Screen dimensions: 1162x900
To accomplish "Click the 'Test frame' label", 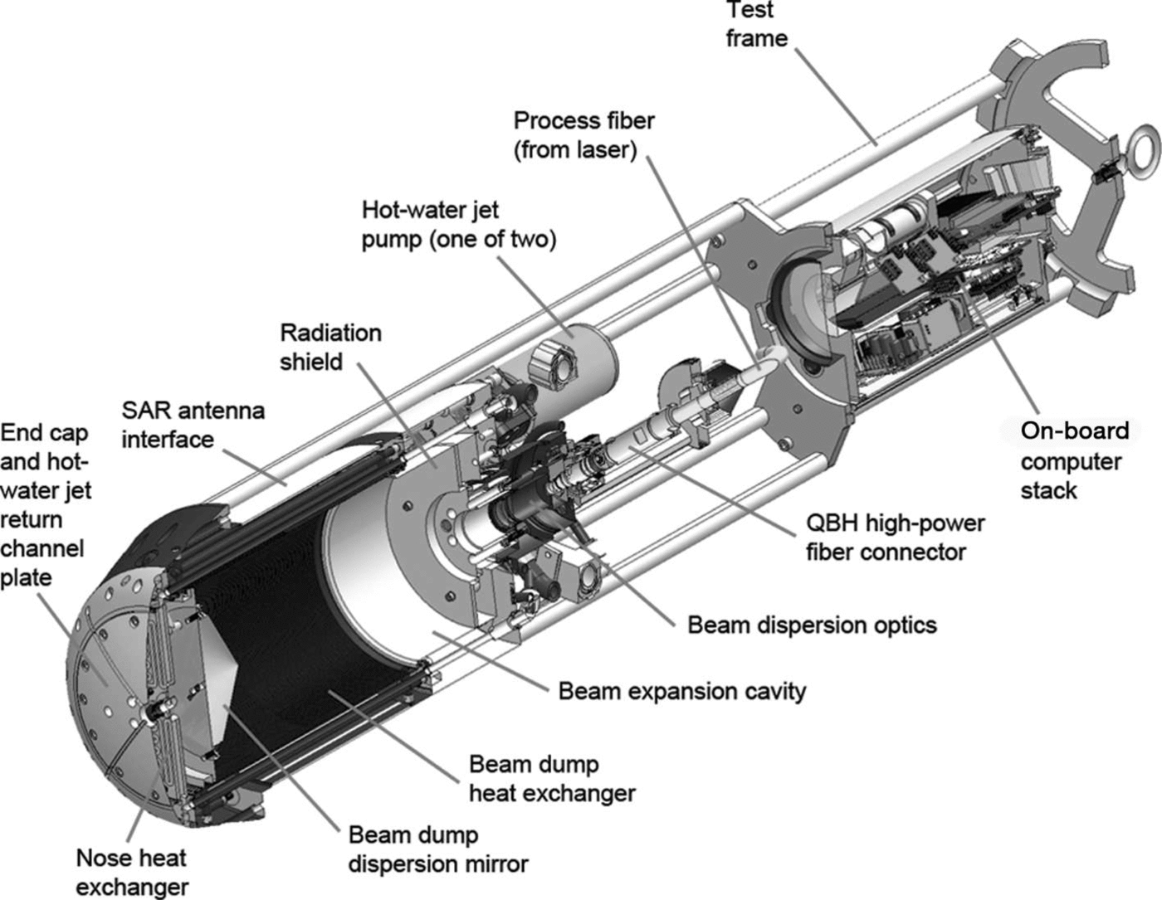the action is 756,24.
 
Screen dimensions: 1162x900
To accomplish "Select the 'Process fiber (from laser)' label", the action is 583,135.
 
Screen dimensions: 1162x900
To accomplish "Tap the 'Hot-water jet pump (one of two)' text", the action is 459,225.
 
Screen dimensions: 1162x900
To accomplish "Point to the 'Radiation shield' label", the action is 330,348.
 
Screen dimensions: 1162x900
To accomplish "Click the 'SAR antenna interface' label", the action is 193,426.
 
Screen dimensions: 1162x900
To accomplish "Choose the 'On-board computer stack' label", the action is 1074,460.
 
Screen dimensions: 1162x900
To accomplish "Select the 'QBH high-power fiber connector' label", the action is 896,538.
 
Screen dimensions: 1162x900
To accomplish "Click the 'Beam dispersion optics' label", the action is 812,625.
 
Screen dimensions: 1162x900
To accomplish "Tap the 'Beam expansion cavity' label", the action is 681,691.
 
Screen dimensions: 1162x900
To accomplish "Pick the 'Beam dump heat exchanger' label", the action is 552,779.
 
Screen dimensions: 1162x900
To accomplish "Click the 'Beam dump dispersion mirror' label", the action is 438,849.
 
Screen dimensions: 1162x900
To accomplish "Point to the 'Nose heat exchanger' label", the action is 131,873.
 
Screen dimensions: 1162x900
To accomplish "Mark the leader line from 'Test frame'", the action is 837,97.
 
